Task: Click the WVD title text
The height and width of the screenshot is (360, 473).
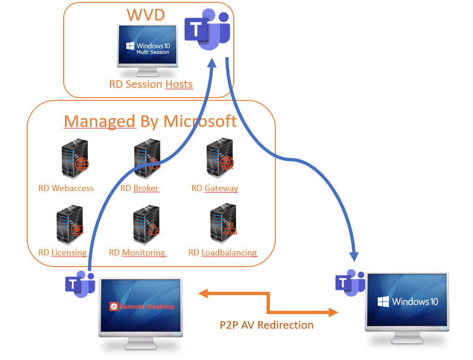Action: click(x=145, y=15)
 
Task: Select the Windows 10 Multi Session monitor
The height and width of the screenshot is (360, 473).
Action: click(x=147, y=47)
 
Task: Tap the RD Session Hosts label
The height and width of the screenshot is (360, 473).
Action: click(x=150, y=85)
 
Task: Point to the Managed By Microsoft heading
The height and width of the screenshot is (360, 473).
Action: click(x=150, y=121)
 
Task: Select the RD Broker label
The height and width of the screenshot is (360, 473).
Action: click(x=139, y=188)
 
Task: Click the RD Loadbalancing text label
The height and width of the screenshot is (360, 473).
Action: click(x=222, y=253)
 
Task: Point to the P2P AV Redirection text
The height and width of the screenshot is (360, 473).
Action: click(x=266, y=325)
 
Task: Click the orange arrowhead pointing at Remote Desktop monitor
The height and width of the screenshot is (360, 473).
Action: click(x=204, y=293)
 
